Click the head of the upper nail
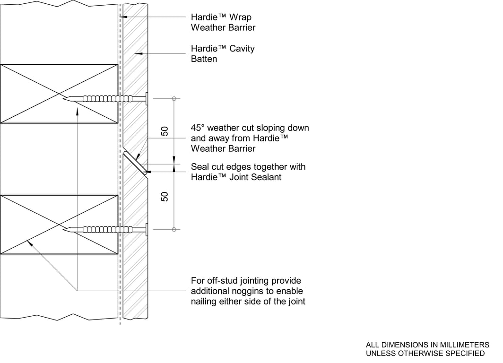[147, 99]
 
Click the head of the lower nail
[147, 230]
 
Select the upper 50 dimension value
[165, 131]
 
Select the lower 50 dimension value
[165, 197]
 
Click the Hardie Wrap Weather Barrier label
[223, 22]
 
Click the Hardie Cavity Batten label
[222, 54]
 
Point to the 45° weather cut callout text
[250, 138]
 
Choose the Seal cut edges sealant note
[248, 172]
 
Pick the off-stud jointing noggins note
[248, 291]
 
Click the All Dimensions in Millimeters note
[427, 349]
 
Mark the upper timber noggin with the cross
[59, 94]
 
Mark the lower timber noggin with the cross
[59, 225]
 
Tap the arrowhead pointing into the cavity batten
[138, 54]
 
